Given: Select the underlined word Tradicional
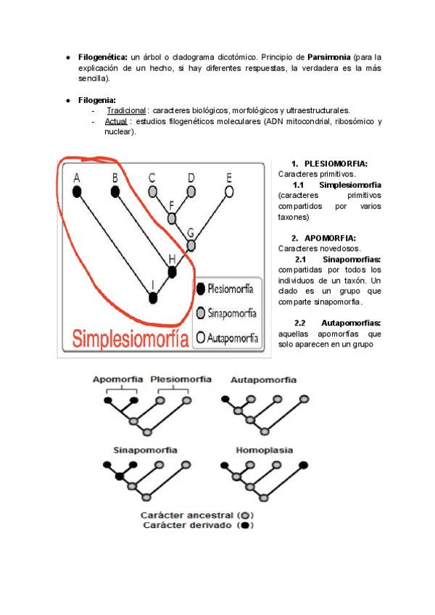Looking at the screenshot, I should pyautogui.click(x=126, y=110).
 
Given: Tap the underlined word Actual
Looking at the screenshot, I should pyautogui.click(x=116, y=121).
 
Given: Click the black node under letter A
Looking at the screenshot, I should pyautogui.click(x=77, y=192).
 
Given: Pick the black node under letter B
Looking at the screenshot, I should pyautogui.click(x=115, y=192).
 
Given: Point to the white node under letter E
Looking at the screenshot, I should pyautogui.click(x=229, y=192).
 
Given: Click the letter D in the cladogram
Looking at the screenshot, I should pyautogui.click(x=191, y=178).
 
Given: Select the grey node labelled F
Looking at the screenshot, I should pyautogui.click(x=172, y=218).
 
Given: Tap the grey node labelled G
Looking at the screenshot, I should pyautogui.click(x=191, y=245).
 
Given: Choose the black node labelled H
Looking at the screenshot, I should pyautogui.click(x=172, y=272).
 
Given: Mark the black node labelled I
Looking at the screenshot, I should pyautogui.click(x=152, y=297).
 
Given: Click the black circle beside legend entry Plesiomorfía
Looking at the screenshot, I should pyautogui.click(x=201, y=289).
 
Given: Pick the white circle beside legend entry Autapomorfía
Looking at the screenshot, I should pyautogui.click(x=201, y=337).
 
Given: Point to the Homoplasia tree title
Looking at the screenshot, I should pyautogui.click(x=265, y=450).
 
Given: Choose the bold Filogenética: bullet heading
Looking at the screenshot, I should pyautogui.click(x=103, y=57).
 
